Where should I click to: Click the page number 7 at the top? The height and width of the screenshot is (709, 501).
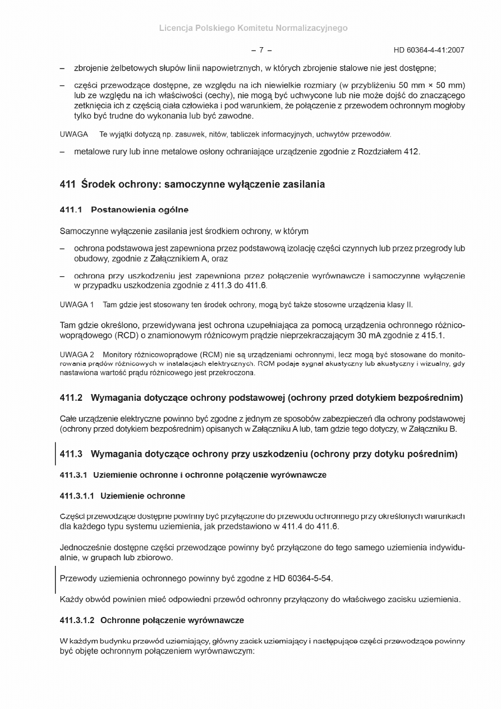tap(261, 50)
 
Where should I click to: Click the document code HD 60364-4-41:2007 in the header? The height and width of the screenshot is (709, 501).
tap(429, 50)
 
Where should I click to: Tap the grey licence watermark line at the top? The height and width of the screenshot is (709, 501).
tap(253, 28)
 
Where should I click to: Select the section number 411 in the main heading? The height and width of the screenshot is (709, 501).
tap(68, 184)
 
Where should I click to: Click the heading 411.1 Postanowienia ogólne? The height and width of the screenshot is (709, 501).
tap(124, 210)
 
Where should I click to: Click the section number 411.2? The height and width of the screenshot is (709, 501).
tap(71, 399)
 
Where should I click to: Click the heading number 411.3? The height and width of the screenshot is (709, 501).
tap(71, 454)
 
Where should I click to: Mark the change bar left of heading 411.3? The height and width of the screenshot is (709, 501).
tap(56, 454)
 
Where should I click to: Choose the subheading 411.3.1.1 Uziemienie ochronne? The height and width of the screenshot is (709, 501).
tap(122, 496)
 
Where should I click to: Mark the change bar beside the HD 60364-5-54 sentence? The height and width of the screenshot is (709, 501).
tap(56, 578)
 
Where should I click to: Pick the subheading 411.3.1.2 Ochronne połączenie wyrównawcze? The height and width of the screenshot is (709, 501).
tap(151, 620)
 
